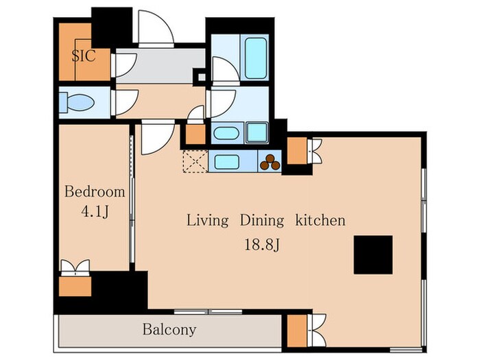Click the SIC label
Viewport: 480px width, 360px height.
pyautogui.click(x=84, y=56)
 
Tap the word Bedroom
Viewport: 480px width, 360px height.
pyautogui.click(x=95, y=192)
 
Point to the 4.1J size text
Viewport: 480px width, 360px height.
pyautogui.click(x=95, y=211)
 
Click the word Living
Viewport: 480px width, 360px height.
pyautogui.click(x=208, y=221)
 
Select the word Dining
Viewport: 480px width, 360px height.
pyautogui.click(x=262, y=221)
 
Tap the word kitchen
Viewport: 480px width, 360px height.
pyautogui.click(x=320, y=220)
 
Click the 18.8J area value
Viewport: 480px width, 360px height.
pyautogui.click(x=262, y=245)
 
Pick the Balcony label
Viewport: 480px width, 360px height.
pyautogui.click(x=169, y=330)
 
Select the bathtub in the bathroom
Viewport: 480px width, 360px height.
pyautogui.click(x=256, y=58)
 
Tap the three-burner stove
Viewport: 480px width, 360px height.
pyautogui.click(x=269, y=163)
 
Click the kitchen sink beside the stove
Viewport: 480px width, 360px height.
pyautogui.click(x=227, y=162)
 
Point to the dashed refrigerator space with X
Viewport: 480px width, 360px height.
pyautogui.click(x=195, y=161)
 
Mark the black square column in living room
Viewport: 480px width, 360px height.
pyautogui.click(x=373, y=254)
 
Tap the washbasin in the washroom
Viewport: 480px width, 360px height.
pyautogui.click(x=226, y=133)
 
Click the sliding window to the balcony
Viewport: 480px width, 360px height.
pyautogui.click(x=208, y=312)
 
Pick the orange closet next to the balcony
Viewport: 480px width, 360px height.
pyautogui.click(x=297, y=331)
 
